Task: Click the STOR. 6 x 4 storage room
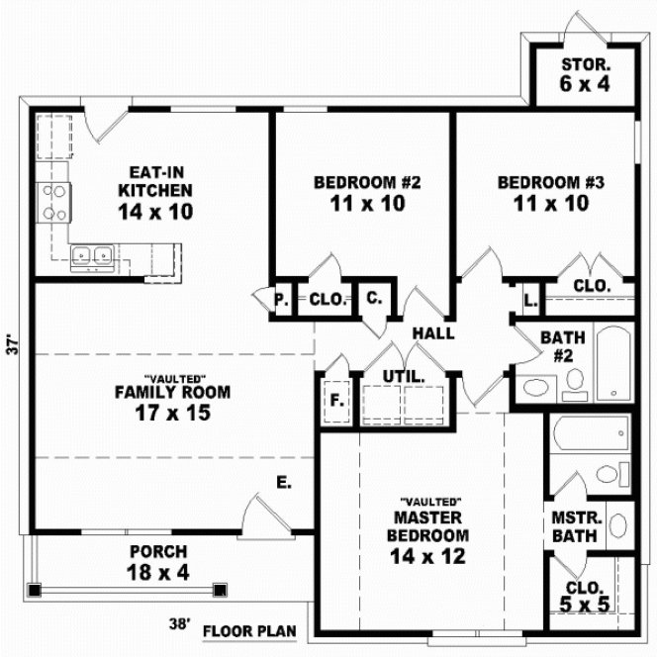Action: (x=585, y=75)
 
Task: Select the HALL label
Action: (x=433, y=333)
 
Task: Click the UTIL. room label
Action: (x=404, y=377)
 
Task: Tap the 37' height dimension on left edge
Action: (x=13, y=345)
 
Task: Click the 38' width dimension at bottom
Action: (x=179, y=625)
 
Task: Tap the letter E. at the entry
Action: (x=283, y=484)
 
